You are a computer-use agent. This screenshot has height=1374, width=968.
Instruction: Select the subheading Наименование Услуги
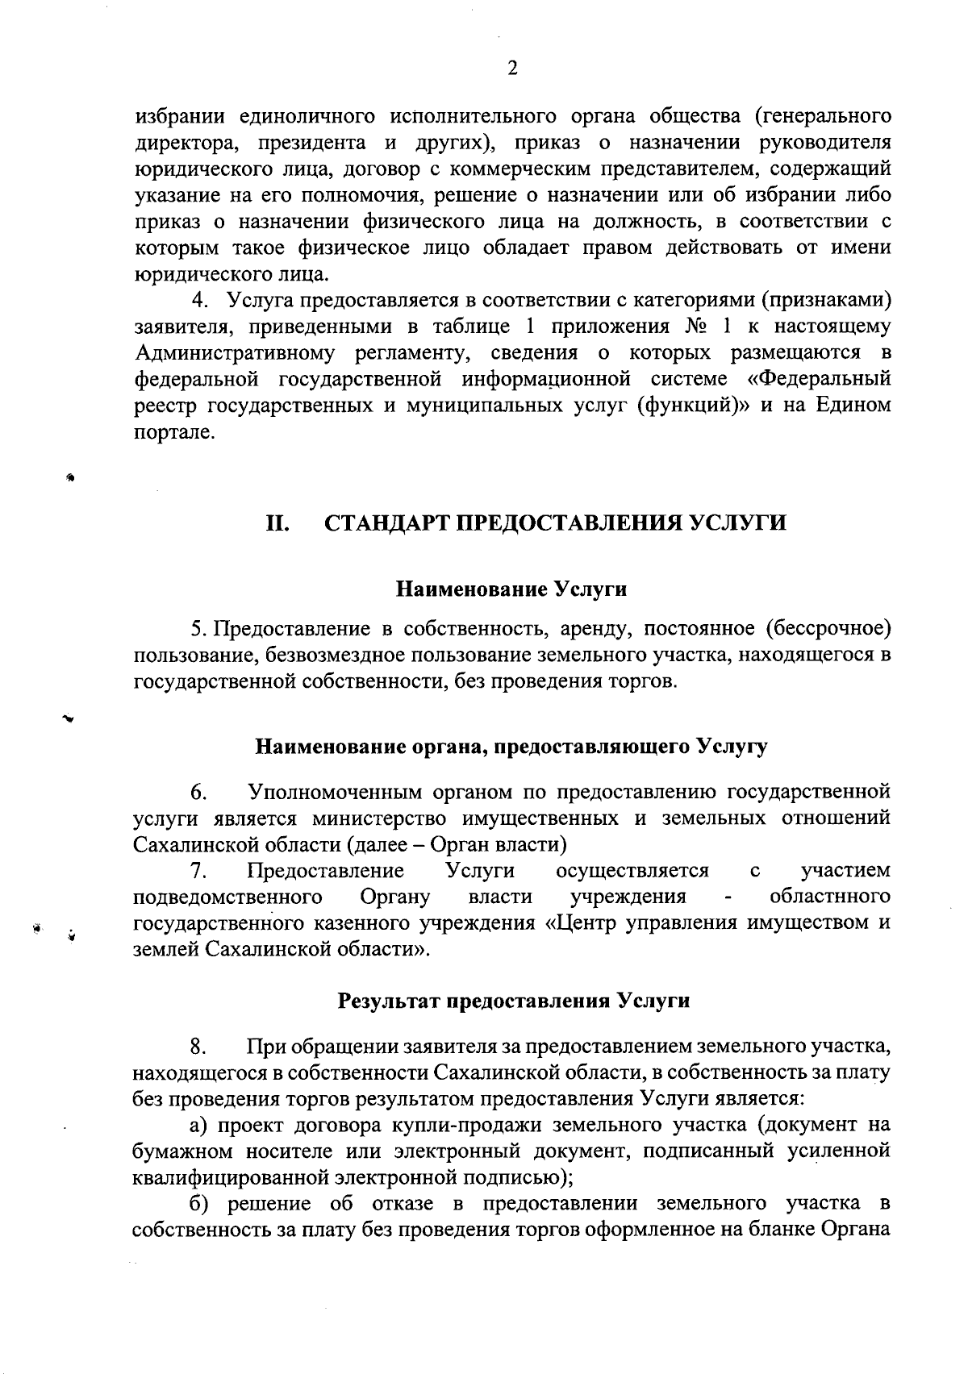click(511, 589)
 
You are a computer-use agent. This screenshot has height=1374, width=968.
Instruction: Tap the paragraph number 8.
click(198, 1047)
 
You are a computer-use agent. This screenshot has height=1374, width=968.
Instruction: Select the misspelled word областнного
click(830, 897)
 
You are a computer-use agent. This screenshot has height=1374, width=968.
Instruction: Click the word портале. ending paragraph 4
click(164, 432)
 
